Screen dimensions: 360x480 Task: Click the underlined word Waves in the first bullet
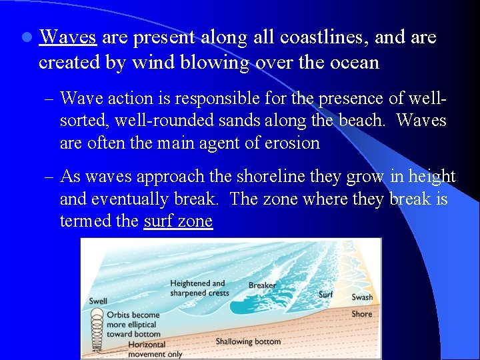click(x=67, y=37)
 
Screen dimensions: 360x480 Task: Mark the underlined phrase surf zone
click(x=178, y=221)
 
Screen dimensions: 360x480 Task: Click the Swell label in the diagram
click(x=98, y=301)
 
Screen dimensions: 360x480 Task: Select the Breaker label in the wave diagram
click(x=262, y=285)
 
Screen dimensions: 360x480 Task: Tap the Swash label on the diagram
click(x=362, y=297)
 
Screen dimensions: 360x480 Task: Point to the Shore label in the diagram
click(x=361, y=314)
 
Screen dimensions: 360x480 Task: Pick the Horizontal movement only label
click(x=146, y=349)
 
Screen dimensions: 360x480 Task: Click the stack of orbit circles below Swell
click(x=98, y=330)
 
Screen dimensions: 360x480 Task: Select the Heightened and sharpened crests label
click(x=199, y=288)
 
